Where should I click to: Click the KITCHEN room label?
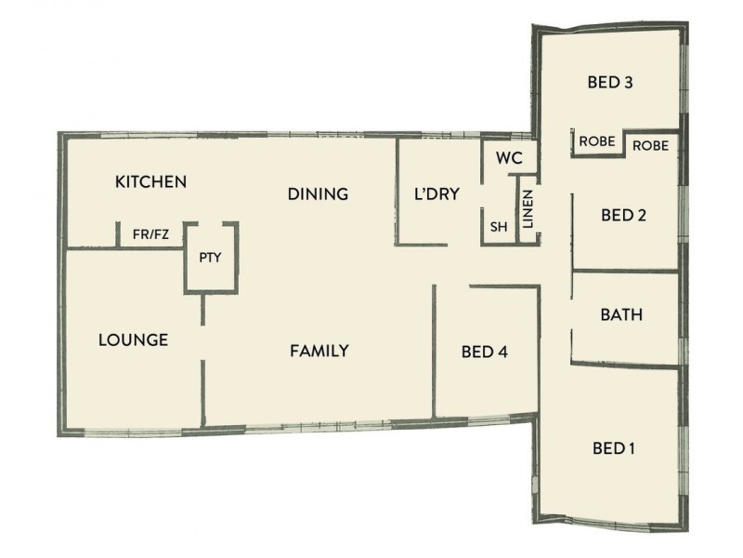150,181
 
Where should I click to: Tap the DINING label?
318,194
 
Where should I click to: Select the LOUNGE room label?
133,339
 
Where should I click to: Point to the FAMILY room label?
319,351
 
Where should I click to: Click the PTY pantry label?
211,258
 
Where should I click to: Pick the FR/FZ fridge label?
150,235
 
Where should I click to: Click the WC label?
510,157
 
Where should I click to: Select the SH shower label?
498,226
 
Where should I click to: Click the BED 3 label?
610,82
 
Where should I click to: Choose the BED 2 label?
623,215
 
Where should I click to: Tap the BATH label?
621,314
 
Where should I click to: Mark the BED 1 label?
613,448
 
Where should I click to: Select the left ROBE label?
596,142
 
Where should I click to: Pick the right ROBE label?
650,146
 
